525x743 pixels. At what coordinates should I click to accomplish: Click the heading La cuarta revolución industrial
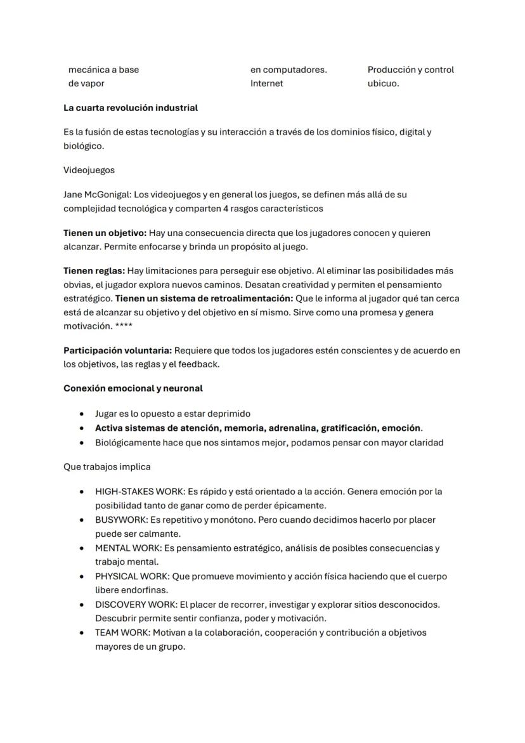click(x=131, y=108)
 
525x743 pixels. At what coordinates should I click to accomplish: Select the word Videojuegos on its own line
click(x=89, y=170)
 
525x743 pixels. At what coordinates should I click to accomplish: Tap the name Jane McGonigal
click(x=97, y=195)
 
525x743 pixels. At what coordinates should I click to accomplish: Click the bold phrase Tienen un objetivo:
click(x=105, y=233)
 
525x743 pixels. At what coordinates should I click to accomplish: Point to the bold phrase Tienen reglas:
click(x=94, y=271)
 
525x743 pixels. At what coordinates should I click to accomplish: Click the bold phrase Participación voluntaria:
click(x=117, y=350)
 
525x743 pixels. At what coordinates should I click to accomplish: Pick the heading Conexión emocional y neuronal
click(x=133, y=388)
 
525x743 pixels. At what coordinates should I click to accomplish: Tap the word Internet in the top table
click(x=266, y=83)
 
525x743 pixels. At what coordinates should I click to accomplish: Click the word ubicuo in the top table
click(x=382, y=83)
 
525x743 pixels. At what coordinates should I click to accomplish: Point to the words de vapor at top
click(x=86, y=83)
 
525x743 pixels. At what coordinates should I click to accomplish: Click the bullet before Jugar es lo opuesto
click(x=82, y=414)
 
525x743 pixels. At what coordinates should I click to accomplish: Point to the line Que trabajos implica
click(x=107, y=467)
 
